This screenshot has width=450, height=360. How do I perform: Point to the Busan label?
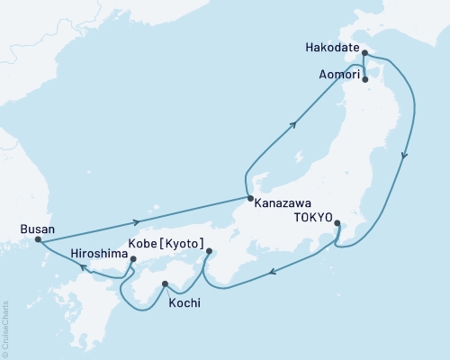[36, 229]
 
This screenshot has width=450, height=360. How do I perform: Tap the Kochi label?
[184, 303]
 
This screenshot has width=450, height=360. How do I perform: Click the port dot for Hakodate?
[364, 53]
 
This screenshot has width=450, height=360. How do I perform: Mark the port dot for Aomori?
[364, 79]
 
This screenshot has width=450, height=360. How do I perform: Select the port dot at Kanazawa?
[249, 198]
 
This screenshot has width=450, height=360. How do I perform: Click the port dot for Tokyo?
[337, 223]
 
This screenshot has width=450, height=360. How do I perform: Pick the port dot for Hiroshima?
[133, 260]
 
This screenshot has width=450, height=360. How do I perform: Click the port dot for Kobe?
[209, 251]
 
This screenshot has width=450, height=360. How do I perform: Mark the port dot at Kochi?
[165, 284]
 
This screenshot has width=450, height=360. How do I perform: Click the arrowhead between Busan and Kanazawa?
[136, 220]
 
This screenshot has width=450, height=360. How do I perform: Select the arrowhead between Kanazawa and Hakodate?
[294, 126]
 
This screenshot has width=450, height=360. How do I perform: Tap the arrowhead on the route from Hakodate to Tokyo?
[405, 155]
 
